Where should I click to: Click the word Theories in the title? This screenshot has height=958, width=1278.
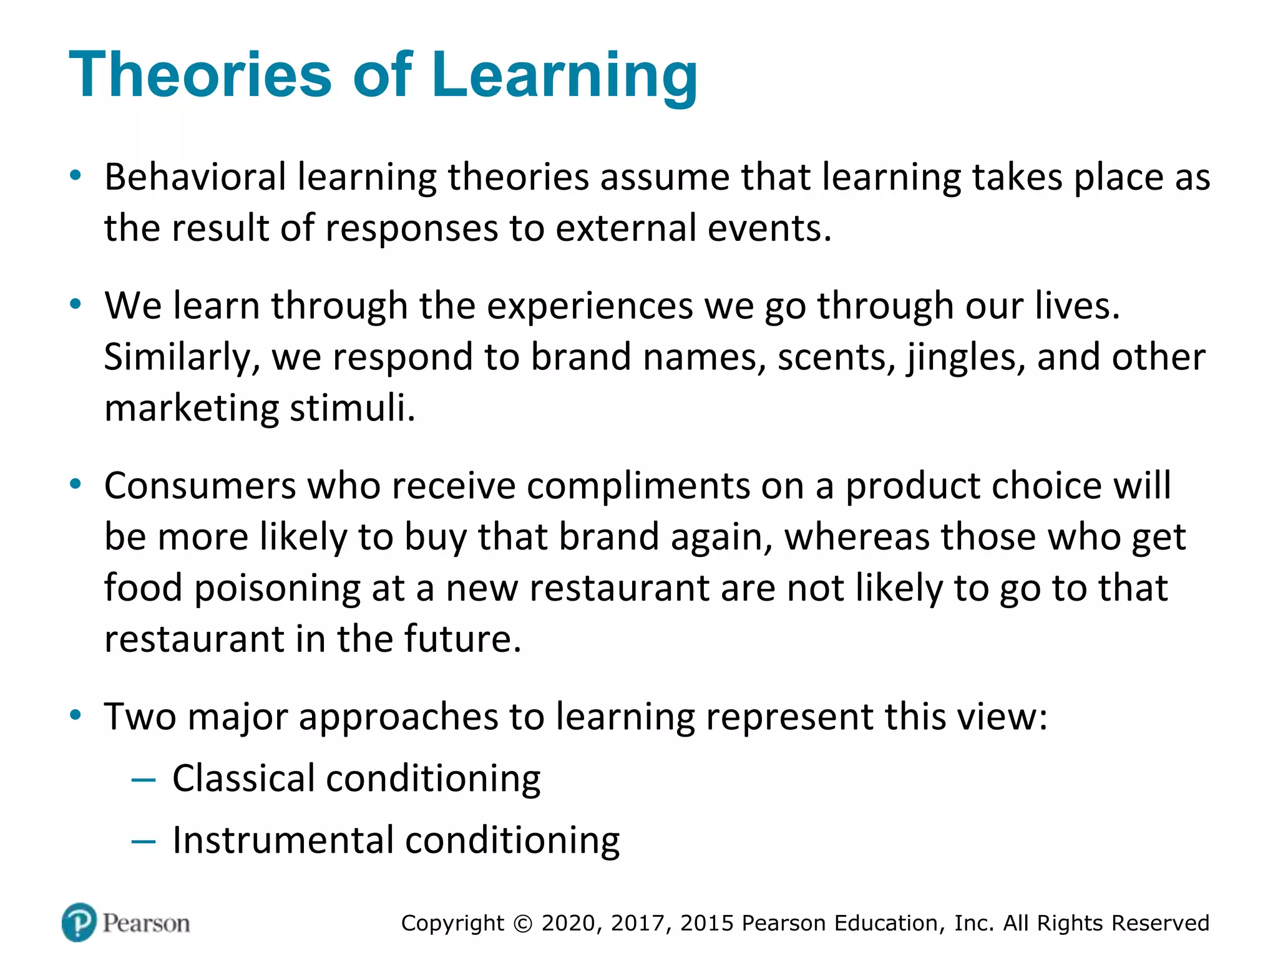click(x=200, y=75)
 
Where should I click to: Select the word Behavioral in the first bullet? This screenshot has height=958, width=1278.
click(x=195, y=177)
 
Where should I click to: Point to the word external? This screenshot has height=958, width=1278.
click(x=625, y=228)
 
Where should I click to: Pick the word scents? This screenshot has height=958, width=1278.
click(x=836, y=358)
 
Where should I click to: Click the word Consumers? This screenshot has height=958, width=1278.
click(x=200, y=486)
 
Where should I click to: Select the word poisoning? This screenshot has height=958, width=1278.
click(x=278, y=589)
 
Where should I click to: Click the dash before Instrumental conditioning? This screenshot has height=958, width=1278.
click(x=144, y=841)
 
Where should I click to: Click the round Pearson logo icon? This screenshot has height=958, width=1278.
click(x=79, y=922)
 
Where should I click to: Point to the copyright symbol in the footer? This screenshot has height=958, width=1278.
click(x=523, y=924)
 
